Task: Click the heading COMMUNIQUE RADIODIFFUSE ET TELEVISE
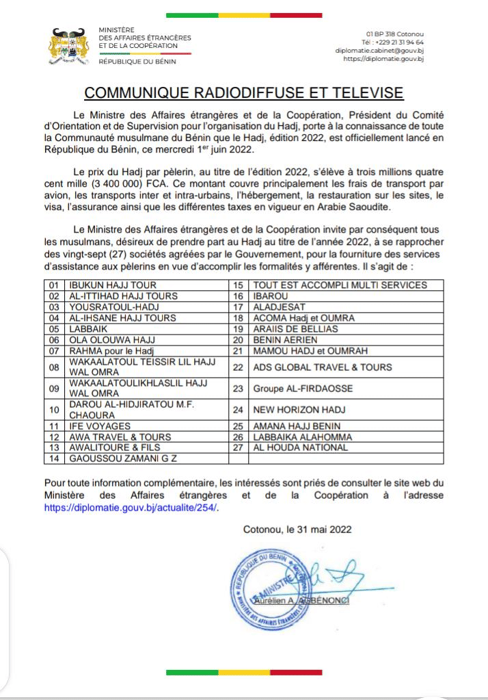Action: (x=243, y=93)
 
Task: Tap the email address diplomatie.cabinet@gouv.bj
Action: (x=380, y=51)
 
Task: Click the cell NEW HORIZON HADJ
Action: (x=295, y=411)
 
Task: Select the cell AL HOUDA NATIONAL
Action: (x=300, y=448)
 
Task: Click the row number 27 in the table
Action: (x=238, y=448)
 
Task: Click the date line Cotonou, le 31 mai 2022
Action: (x=299, y=529)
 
